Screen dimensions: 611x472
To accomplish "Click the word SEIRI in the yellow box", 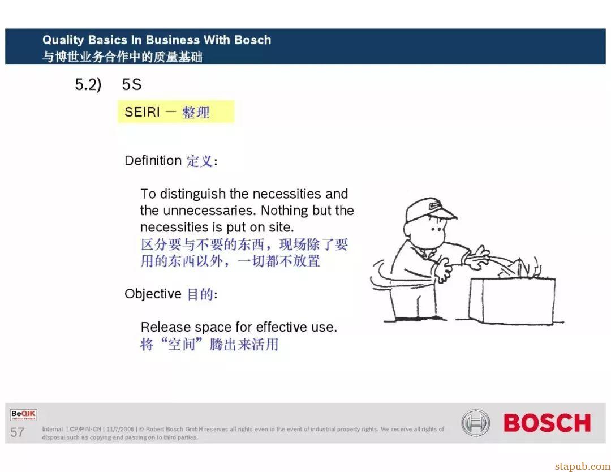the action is pos(142,112).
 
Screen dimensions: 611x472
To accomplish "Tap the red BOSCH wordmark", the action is pos(547,423).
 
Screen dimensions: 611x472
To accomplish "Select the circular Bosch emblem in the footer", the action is pos(475,423).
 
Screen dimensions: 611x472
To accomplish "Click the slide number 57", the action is pos(17,432).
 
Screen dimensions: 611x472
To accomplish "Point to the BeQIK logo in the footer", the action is pos(23,415).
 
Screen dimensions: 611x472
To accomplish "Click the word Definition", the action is pos(153,161).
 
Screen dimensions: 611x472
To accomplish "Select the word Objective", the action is pos(153,294).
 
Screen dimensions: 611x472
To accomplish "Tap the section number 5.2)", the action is pos(88,84).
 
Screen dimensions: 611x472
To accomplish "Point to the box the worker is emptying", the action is pos(512,301).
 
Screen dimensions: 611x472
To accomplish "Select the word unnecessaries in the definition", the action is pos(210,211).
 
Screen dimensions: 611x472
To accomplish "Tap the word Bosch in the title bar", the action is pos(252,40).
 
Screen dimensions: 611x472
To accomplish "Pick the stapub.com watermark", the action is pos(583,466).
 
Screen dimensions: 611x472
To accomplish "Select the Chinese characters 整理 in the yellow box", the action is pos(196,113).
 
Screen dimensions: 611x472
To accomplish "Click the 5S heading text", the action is pos(132,84).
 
